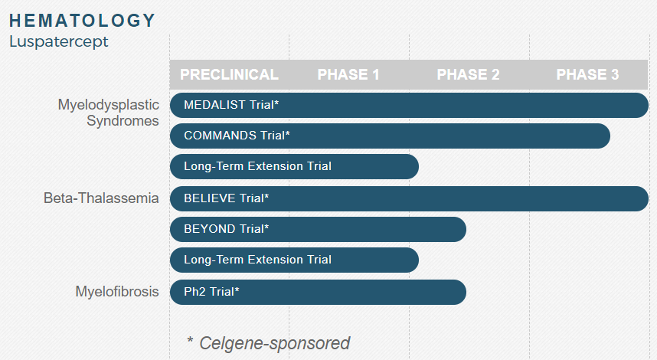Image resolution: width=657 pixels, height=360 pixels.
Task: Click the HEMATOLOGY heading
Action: [82, 21]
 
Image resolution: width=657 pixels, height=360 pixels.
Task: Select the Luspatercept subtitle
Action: [59, 42]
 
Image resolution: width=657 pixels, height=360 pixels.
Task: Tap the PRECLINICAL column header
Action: [229, 74]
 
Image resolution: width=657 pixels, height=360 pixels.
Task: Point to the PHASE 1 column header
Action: [348, 74]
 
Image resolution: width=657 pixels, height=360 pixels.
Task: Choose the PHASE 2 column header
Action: [468, 74]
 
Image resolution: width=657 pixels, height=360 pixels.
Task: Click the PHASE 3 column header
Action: [587, 74]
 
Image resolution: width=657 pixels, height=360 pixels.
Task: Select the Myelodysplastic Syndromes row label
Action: [108, 113]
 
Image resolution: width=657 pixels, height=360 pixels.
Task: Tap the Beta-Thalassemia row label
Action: [101, 198]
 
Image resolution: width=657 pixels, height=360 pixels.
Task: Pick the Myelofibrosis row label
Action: [117, 291]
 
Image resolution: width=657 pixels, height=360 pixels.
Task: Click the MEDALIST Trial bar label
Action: [231, 105]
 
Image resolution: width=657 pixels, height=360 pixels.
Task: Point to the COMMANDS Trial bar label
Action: [237, 136]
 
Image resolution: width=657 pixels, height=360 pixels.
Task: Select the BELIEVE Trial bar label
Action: [226, 198]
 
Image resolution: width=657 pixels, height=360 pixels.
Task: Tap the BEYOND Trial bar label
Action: [226, 229]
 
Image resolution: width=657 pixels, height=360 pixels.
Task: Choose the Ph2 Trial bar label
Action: [211, 291]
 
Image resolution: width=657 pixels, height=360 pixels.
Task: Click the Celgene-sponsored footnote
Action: [268, 343]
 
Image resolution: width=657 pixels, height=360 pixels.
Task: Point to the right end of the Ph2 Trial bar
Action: [466, 292]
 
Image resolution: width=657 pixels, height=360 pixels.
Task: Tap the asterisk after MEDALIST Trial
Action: [276, 103]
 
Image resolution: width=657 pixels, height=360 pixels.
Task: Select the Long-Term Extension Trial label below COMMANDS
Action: [258, 166]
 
